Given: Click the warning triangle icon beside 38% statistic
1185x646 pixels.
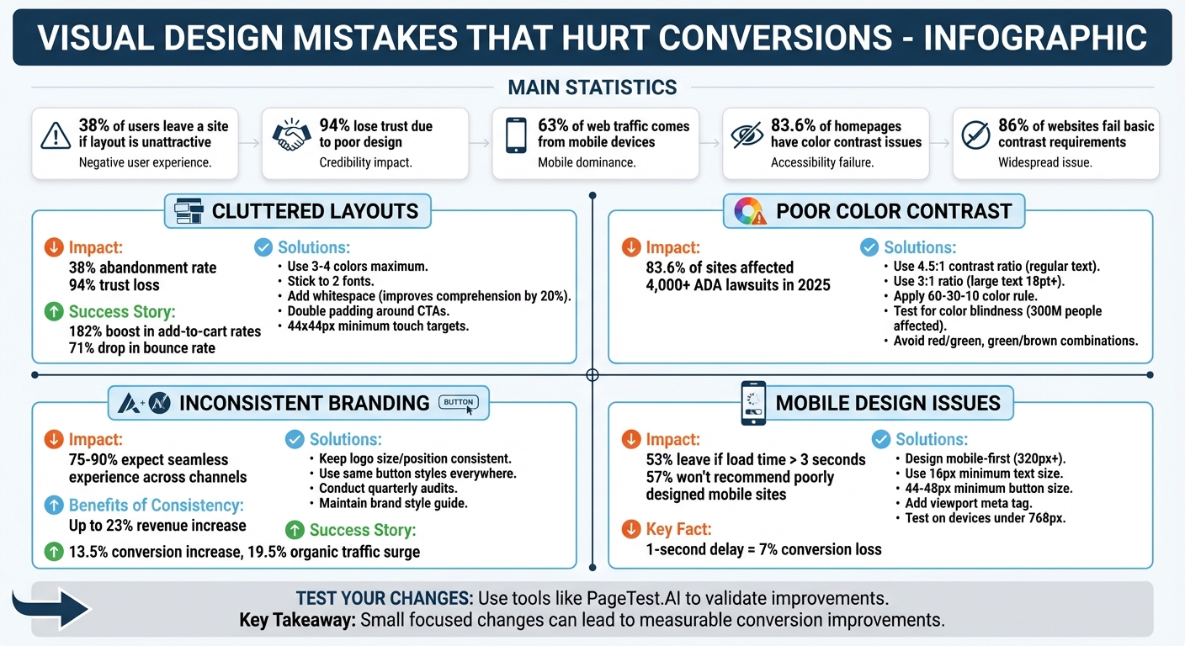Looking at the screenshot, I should tap(56, 135).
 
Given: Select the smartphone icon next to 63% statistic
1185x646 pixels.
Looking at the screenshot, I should tap(516, 135).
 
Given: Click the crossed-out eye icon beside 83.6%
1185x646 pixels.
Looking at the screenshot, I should tap(747, 135).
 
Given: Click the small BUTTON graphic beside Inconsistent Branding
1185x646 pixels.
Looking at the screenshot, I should tap(459, 403).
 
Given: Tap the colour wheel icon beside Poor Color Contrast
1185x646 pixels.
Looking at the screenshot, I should tap(749, 210).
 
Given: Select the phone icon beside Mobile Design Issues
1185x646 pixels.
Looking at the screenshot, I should tap(753, 403).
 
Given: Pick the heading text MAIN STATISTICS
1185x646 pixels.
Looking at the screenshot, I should tap(592, 87).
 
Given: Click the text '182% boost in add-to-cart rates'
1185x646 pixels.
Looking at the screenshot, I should tap(165, 331).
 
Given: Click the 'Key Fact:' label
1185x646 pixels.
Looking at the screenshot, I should tap(678, 529).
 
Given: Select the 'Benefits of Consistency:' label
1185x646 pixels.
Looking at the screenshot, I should tap(157, 506).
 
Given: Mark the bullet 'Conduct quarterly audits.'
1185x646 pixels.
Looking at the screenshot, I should tap(388, 489).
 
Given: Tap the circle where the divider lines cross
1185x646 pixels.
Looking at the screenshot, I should tap(592, 374).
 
